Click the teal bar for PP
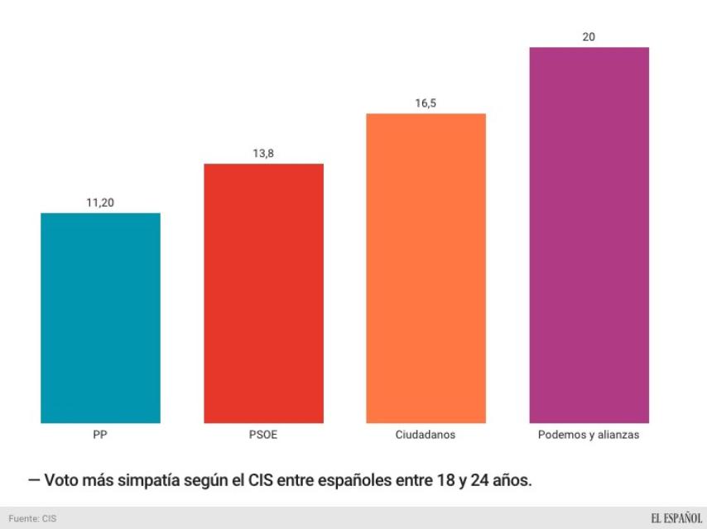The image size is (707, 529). (100, 318)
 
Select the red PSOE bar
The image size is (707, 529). (263, 293)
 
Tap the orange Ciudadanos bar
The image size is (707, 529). (426, 269)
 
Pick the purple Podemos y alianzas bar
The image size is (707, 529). (589, 236)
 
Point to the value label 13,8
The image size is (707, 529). (263, 153)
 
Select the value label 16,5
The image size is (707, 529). (426, 103)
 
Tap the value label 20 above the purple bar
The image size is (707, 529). (589, 37)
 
